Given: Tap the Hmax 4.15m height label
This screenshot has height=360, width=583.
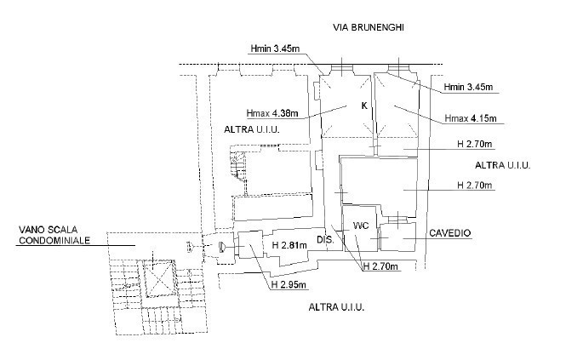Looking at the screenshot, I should pos(471,117).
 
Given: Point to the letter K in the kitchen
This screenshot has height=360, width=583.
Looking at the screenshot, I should pos(363,106).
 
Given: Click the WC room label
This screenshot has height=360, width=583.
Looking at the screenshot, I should pos(360,226).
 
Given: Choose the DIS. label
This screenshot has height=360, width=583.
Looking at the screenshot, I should pos(324,241).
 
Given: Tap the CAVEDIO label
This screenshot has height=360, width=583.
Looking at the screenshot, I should pos(450,233).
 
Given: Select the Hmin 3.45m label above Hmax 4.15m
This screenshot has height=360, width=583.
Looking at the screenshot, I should pos(470,88).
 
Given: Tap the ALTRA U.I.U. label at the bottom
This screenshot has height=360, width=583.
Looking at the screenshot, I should pos(336,306).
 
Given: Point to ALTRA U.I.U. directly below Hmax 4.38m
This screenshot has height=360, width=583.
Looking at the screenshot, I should pos(252,130).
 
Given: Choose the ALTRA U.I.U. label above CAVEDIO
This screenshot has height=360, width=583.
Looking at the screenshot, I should pos(502,165).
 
